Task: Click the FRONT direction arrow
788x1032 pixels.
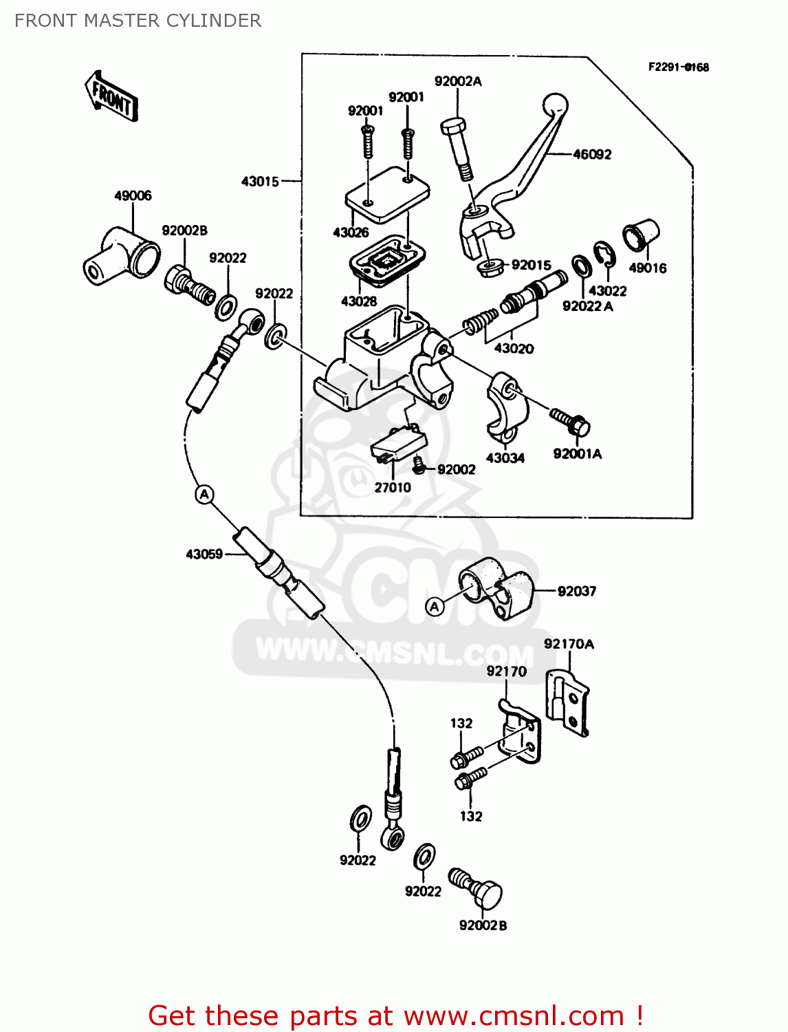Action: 111,97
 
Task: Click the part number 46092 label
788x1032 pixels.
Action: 591,155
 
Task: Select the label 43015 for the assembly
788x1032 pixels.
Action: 260,182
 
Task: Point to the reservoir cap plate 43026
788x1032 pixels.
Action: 386,193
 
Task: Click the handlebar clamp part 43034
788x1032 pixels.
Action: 507,405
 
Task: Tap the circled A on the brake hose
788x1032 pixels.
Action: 204,494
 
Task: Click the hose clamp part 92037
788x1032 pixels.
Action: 496,588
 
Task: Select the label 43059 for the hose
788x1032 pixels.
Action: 204,554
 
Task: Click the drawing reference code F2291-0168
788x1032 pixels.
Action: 678,67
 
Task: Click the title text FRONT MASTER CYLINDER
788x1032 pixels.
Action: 138,21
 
